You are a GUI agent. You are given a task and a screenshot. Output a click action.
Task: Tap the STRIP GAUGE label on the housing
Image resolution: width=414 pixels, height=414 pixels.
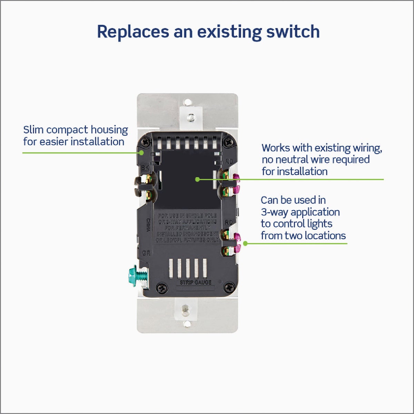coord(196,283)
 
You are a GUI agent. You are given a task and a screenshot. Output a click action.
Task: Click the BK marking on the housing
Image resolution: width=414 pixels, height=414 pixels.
coord(145,168)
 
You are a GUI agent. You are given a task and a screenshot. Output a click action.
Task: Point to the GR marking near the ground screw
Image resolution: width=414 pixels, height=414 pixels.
coord(146,253)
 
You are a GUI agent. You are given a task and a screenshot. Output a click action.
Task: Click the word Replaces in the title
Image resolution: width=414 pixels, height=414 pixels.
coord(132,32)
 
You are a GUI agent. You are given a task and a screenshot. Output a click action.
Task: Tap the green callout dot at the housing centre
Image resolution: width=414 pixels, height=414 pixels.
coord(197,179)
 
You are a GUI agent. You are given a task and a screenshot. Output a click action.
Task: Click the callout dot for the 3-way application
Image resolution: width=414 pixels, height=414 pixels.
coord(245,243)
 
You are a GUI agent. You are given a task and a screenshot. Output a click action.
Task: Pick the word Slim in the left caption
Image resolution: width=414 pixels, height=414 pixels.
coord(33,130)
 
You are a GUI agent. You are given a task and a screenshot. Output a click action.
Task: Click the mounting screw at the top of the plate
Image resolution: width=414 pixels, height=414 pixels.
coord(190,118)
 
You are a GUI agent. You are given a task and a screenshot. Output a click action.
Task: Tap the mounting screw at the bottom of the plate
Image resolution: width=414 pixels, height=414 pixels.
coord(186,309)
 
